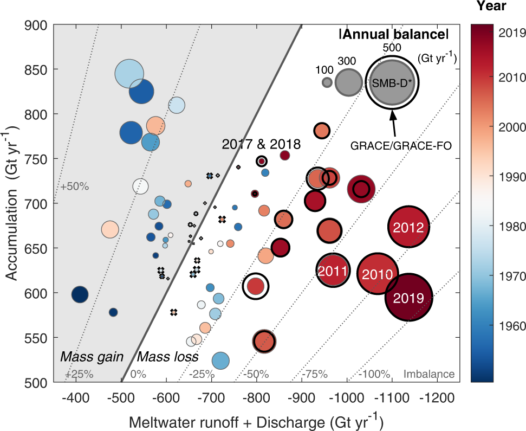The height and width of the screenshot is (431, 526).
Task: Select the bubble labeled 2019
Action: pos(408,297)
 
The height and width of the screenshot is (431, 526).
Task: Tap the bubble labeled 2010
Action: pos(378,274)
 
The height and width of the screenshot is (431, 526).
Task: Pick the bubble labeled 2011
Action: pos(331,270)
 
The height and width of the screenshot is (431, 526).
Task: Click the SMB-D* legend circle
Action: pos(392,82)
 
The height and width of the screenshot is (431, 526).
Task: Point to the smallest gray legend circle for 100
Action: pos(327,82)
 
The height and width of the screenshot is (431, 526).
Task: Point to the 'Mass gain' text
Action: pos(92,357)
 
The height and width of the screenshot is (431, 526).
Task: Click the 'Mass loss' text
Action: pos(167,357)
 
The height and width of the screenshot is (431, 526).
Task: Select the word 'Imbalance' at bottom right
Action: pos(429,374)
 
